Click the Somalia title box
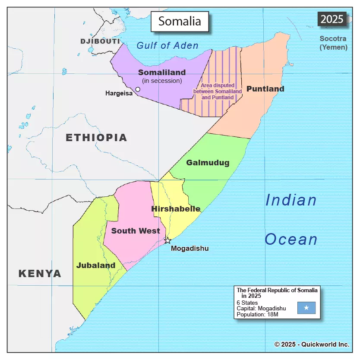point(180,21)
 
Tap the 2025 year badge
point(332,19)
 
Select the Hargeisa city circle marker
point(138,89)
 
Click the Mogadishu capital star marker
point(167,240)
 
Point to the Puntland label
point(265,89)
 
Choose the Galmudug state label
point(208,163)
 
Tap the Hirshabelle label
point(176,209)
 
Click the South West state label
point(136,231)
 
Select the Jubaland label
point(96,265)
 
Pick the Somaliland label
point(162,73)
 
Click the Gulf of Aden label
point(167,45)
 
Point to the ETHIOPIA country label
point(96,138)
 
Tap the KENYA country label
point(40,273)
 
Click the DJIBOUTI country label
point(100,41)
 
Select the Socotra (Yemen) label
point(333,43)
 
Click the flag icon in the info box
point(306,308)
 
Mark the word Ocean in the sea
point(291,240)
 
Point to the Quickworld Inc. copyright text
point(312,344)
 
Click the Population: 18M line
point(258,315)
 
